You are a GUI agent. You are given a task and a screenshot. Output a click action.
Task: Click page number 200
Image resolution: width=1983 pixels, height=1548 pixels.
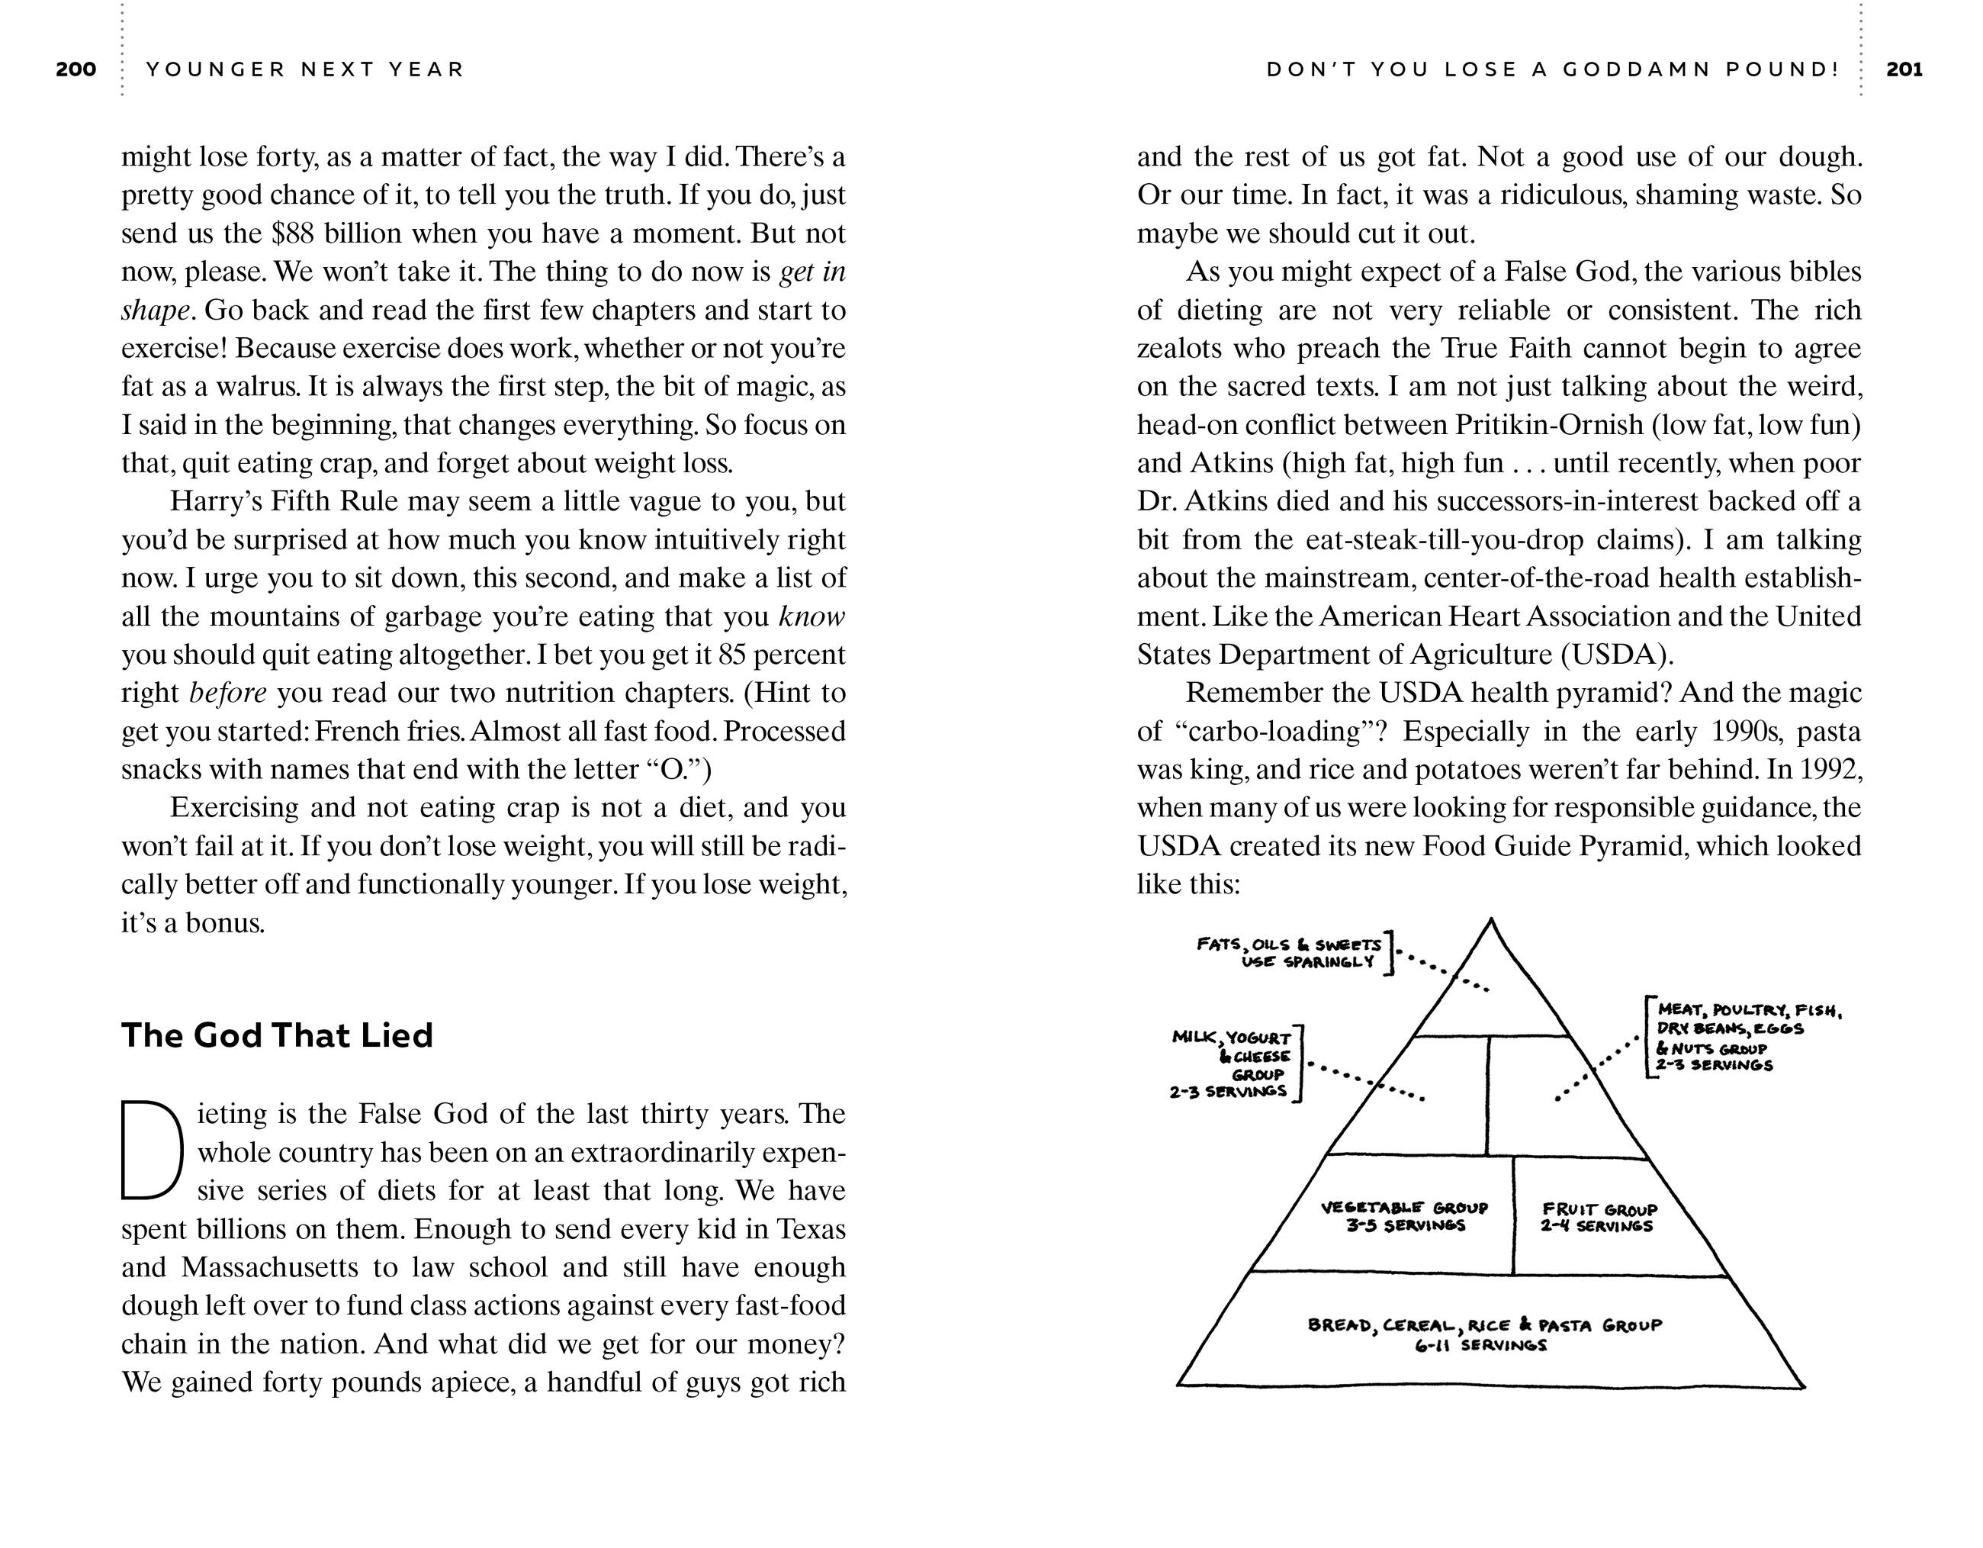point(76,69)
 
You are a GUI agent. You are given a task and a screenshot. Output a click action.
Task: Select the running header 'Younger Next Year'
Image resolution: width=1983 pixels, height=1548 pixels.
point(305,69)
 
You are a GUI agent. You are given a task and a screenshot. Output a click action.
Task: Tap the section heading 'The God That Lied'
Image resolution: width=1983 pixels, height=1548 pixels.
point(277,1035)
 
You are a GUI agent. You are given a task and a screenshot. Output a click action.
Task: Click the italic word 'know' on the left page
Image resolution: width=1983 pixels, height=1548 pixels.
point(812,617)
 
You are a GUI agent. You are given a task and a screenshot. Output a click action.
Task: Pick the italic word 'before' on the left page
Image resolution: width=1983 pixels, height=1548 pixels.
point(228,694)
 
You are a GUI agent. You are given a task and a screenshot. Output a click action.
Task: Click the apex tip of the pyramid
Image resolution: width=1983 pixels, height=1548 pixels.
point(1491,921)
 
